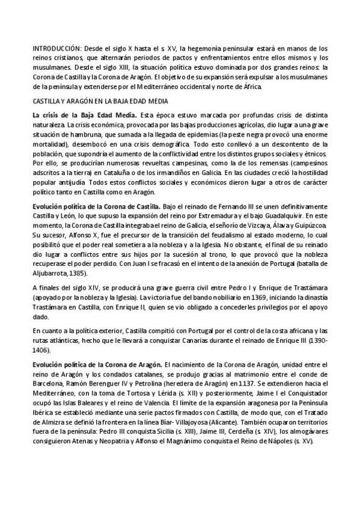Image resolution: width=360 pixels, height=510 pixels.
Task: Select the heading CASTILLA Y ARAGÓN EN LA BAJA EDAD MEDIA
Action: tap(100, 100)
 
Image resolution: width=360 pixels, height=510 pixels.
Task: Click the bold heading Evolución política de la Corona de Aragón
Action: tap(97, 364)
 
